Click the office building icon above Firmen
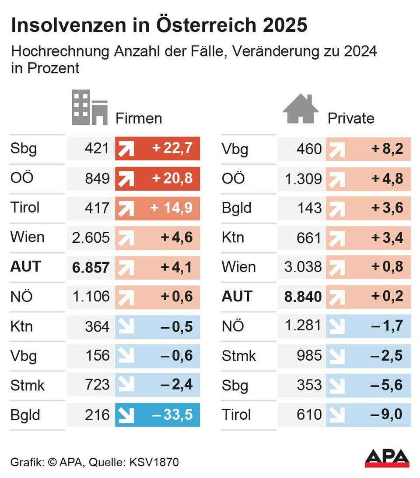click(x=90, y=108)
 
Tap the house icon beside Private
click(x=301, y=109)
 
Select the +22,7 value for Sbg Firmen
click(x=172, y=148)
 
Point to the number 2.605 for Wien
click(x=91, y=237)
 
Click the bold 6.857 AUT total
click(x=91, y=267)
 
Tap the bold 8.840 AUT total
click(x=302, y=297)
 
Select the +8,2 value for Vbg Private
click(x=387, y=149)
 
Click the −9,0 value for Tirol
click(x=386, y=414)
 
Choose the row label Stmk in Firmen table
click(x=28, y=386)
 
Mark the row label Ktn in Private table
click(x=233, y=237)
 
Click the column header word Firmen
click(x=139, y=118)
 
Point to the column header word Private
click(x=351, y=118)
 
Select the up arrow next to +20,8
click(x=126, y=178)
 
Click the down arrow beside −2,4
click(x=126, y=385)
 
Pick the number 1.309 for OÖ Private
click(x=303, y=178)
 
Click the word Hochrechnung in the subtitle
click(x=61, y=51)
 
